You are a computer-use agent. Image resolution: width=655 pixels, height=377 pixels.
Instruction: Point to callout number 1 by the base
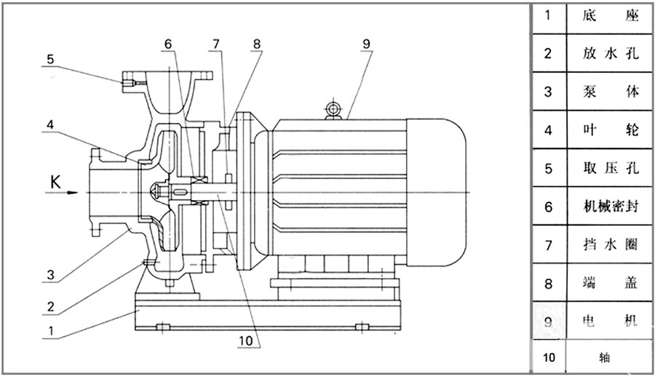click(x=49, y=330)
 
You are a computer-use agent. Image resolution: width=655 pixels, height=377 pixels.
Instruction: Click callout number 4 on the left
click(x=50, y=124)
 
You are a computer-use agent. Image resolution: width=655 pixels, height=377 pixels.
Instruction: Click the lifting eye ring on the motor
click(x=333, y=110)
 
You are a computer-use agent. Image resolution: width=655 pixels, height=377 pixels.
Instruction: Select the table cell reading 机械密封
click(x=611, y=207)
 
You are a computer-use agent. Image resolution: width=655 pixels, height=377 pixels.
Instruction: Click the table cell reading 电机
click(x=611, y=321)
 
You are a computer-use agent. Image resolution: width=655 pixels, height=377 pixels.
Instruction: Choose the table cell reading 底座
click(x=611, y=16)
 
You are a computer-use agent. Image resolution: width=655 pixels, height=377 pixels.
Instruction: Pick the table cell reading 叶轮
click(x=611, y=130)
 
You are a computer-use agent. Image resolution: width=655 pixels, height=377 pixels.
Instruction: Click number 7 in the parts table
click(x=549, y=245)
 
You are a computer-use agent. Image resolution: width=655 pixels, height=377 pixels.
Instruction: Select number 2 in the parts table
click(x=549, y=54)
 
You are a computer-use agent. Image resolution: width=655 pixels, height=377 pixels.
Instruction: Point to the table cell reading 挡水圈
click(x=611, y=245)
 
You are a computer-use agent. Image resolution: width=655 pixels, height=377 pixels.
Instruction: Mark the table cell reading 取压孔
click(x=611, y=169)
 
